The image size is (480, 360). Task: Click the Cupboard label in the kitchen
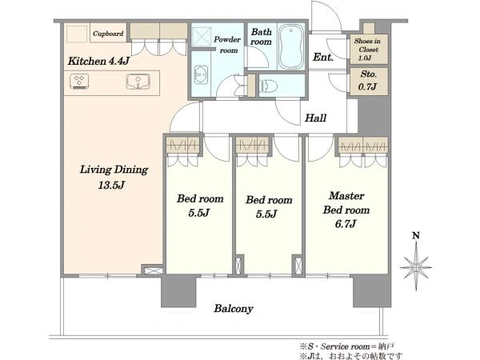tap(108, 34)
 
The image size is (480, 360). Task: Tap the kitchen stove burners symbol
tap(79, 82)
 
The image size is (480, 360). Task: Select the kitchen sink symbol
tap(138, 82)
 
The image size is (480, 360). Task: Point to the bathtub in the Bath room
tap(291, 47)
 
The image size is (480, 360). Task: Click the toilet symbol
tap(269, 86)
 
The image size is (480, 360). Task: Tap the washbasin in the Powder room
tap(201, 74)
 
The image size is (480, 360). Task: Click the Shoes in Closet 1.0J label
tap(368, 50)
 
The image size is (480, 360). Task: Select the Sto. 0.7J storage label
tap(368, 80)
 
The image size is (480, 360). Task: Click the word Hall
tap(315, 118)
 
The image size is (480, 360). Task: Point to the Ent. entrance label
tap(323, 57)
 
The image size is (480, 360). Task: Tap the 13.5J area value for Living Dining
tap(111, 186)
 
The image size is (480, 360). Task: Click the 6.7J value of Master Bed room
tap(346, 224)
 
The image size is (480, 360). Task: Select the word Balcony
tap(234, 309)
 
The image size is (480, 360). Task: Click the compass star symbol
tap(416, 267)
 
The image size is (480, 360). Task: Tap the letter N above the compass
tap(416, 236)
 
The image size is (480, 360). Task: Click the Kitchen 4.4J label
tap(98, 61)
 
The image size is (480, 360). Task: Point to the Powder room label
tap(227, 45)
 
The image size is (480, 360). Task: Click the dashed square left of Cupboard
tap(77, 34)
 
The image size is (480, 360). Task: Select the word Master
tap(347, 196)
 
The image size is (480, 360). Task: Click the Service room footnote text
tap(347, 346)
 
